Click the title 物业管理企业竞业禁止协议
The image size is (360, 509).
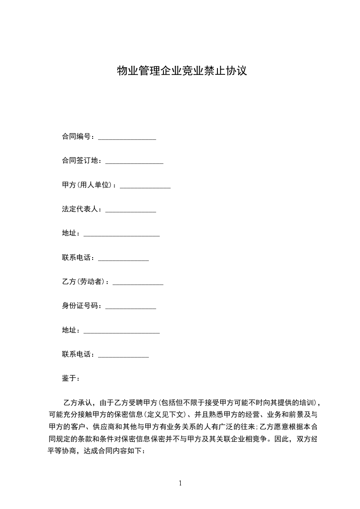(x=182, y=71)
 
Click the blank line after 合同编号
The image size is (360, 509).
(x=127, y=138)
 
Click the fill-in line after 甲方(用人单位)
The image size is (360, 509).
(x=145, y=187)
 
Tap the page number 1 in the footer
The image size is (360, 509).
(x=180, y=483)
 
